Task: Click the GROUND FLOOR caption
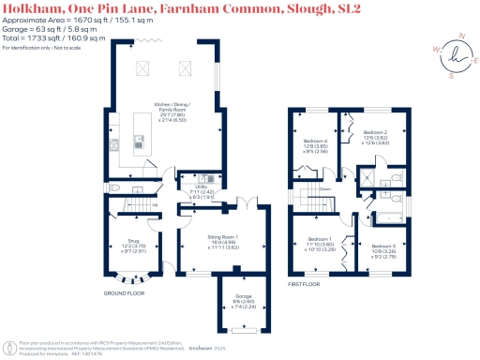click(x=122, y=292)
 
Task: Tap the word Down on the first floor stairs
click(x=324, y=188)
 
